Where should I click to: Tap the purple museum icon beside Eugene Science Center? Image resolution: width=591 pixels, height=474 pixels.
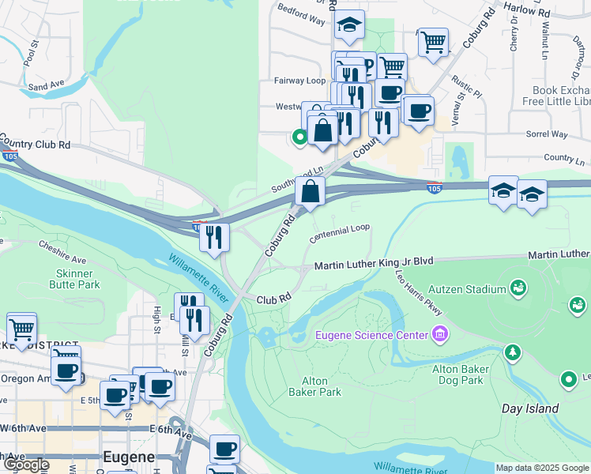click(x=439, y=335)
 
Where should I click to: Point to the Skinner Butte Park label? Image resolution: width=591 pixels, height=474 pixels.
click(x=78, y=279)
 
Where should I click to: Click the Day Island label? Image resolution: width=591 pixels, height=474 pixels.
click(x=530, y=408)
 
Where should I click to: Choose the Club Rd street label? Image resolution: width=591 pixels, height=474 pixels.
click(x=274, y=299)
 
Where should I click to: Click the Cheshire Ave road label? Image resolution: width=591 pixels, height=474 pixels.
click(x=62, y=253)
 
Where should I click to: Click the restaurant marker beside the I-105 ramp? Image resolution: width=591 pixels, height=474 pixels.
click(x=214, y=236)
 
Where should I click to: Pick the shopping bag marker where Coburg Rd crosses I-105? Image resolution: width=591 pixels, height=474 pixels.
click(x=311, y=191)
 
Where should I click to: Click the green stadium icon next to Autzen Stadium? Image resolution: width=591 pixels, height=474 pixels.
click(x=519, y=286)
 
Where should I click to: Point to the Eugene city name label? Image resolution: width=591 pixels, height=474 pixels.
click(x=130, y=457)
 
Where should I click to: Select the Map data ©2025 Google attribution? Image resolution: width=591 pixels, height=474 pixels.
click(x=542, y=468)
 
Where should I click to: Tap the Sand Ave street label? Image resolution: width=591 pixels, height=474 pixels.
click(x=46, y=85)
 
